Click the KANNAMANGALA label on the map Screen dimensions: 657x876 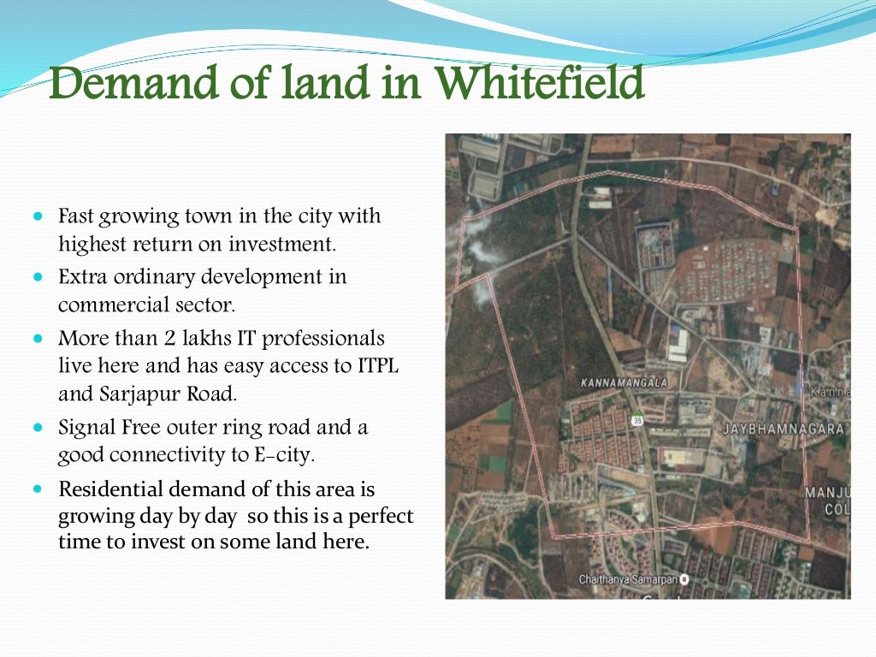pos(624,382)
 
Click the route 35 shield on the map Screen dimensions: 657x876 pos(638,420)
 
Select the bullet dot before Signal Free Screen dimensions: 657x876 pos(38,427)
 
